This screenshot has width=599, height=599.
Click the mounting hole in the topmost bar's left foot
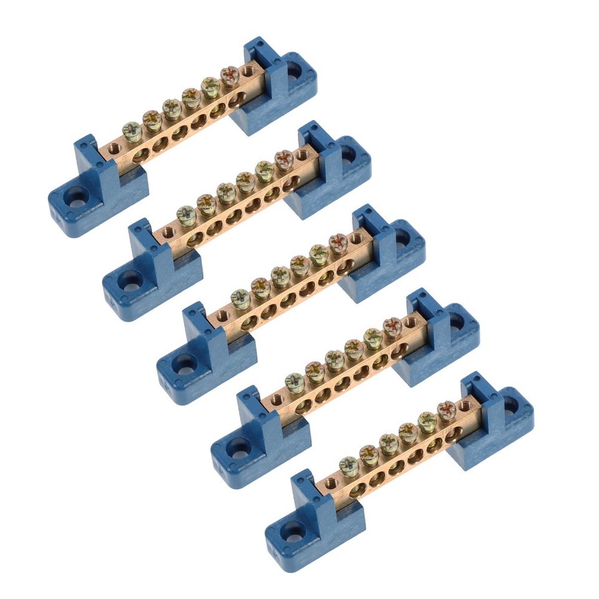[x=76, y=199]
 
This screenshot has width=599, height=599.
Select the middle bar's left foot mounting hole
[x=185, y=366]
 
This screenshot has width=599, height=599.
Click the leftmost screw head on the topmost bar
[x=132, y=131]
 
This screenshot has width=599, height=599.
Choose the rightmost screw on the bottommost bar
[x=446, y=409]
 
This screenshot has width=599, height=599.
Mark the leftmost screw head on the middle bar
[x=241, y=298]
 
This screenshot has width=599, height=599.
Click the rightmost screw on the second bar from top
[x=284, y=159]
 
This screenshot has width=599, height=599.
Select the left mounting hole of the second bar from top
[x=130, y=282]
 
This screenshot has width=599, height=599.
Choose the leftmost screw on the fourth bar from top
[x=295, y=381]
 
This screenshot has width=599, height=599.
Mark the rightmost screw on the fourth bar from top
[x=392, y=326]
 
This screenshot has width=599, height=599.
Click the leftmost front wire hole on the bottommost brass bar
[x=357, y=490]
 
